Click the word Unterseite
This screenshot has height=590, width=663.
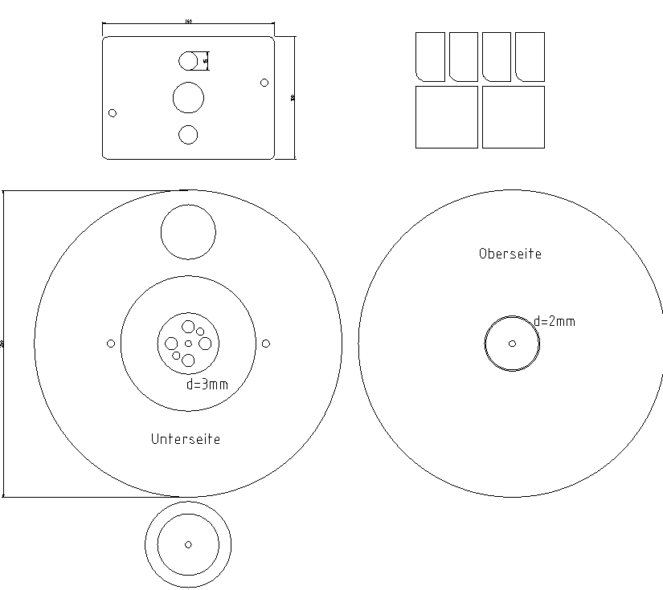coord(185,439)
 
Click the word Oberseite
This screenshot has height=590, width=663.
coord(510,254)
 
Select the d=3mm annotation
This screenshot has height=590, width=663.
coord(207,384)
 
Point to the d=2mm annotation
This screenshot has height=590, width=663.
coord(555,321)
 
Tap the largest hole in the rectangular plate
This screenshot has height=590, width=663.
coord(188,98)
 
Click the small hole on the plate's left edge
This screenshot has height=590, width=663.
coord(113,112)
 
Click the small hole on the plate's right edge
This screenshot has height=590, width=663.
coord(264,82)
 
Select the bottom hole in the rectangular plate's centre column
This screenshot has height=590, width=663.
coord(188,135)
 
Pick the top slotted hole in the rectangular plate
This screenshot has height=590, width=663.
coord(189,60)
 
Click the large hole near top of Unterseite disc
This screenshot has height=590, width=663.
coord(188,233)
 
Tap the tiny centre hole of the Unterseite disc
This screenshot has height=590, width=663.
coord(188,344)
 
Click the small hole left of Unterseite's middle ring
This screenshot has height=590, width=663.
coord(111,344)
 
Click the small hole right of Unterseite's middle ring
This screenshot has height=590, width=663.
coord(266,344)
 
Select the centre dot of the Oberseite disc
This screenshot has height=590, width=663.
coord(512,344)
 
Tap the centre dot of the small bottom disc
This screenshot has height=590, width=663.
coord(188,544)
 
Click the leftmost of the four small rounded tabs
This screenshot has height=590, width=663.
coord(430,56)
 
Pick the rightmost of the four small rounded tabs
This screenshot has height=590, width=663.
coord(530,56)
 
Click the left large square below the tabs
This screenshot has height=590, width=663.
coord(446,117)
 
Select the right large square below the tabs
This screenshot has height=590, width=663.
coord(513,117)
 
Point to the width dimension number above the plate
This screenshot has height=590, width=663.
coord(188,22)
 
